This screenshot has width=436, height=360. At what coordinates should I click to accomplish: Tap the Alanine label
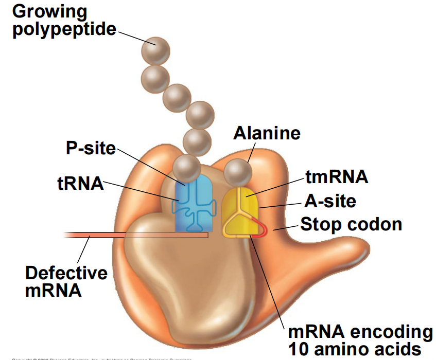[267, 133]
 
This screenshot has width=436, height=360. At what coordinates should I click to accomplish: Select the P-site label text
[91, 148]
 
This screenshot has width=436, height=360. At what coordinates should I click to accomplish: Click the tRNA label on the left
[80, 184]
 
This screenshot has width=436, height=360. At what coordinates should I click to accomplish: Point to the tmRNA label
[337, 177]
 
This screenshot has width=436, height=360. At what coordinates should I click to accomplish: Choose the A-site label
[330, 201]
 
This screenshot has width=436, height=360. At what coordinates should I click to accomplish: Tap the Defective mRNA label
[66, 281]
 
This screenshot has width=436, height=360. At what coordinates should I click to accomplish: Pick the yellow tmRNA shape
[240, 211]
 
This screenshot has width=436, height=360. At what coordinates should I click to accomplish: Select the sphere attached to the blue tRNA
[186, 168]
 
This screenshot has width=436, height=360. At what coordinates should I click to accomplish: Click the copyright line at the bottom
[103, 358]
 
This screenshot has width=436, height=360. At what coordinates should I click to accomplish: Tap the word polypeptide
[64, 29]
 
